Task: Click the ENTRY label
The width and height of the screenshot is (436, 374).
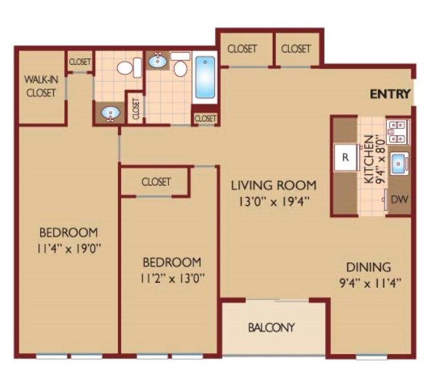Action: point(390,95)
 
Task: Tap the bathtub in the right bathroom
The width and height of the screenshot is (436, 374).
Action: point(205,77)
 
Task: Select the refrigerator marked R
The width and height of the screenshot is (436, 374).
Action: point(346,158)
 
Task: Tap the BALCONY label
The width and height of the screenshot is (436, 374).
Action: point(271,327)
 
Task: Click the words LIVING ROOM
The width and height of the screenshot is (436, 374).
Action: point(274,185)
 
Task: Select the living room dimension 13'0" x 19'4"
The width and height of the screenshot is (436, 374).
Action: point(274,201)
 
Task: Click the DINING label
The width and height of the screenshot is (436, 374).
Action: point(368,266)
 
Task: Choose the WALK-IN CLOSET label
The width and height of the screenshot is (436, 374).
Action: point(40,86)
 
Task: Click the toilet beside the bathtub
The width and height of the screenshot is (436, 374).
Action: point(181,68)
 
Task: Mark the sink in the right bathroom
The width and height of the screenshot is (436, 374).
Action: point(158,62)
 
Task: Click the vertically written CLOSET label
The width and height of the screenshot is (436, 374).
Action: point(135,107)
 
